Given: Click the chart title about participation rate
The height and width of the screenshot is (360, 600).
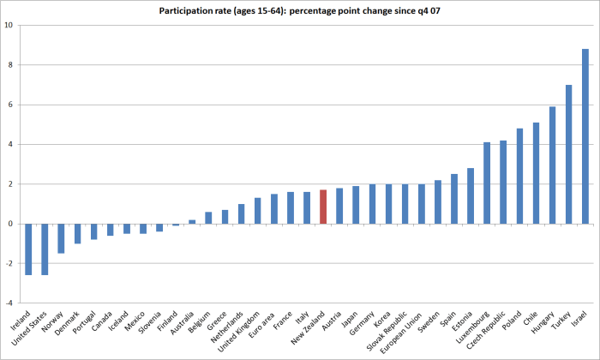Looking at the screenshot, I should pyautogui.click(x=303, y=10).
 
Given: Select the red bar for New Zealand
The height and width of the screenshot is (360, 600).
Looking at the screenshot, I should pyautogui.click(x=323, y=207).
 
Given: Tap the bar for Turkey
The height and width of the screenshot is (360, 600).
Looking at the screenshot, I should pyautogui.click(x=568, y=154).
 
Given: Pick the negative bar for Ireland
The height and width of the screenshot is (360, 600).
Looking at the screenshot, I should pyautogui.click(x=28, y=249).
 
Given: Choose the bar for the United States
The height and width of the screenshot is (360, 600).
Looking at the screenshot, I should pyautogui.click(x=45, y=249).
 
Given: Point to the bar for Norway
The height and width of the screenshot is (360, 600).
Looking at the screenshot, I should pyautogui.click(x=61, y=238).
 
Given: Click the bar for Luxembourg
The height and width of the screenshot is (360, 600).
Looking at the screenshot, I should pyautogui.click(x=487, y=183).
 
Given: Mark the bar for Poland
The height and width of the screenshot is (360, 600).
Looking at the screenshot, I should pyautogui.click(x=519, y=177).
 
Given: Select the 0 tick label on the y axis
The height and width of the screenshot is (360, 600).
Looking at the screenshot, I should pyautogui.click(x=9, y=225).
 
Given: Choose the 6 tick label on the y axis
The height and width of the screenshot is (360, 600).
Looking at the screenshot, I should pyautogui.click(x=9, y=105).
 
